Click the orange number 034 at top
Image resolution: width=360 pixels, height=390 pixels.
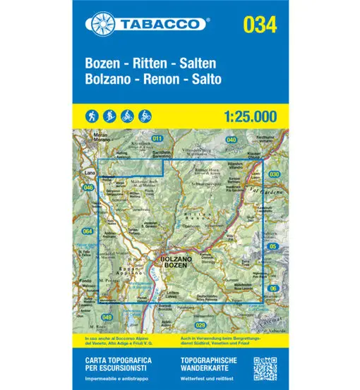point(259,24)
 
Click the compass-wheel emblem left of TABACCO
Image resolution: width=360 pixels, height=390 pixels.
point(100,24)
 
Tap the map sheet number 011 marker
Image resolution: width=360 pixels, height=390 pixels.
point(157,138)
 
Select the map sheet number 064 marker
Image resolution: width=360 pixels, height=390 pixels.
point(88,231)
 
